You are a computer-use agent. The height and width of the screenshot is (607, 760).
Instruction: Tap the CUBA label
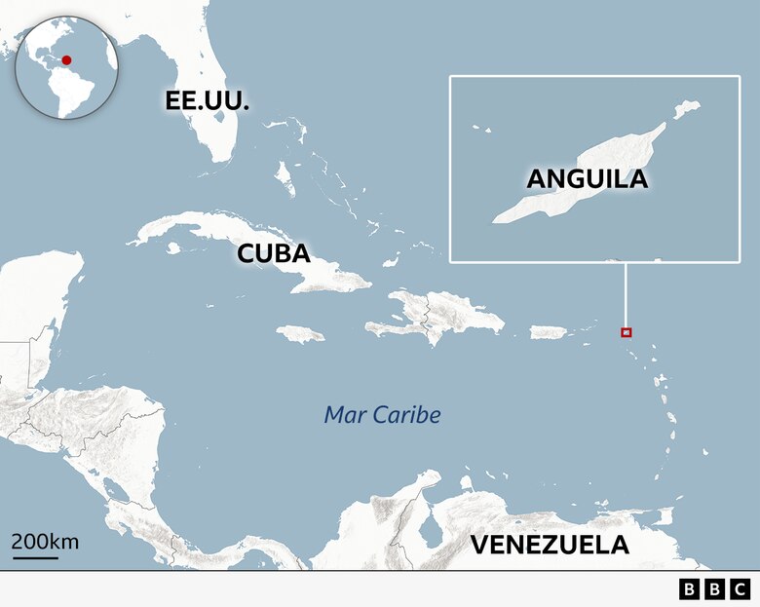[x=274, y=254]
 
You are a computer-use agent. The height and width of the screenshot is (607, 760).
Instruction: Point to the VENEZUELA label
[x=550, y=545]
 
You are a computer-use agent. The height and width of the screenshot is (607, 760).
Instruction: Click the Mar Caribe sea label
[x=382, y=415]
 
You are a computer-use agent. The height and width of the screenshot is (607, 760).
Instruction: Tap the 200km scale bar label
[x=45, y=542]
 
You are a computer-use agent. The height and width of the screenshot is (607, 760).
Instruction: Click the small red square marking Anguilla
[x=627, y=332]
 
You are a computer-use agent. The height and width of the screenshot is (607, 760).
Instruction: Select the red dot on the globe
[x=66, y=60]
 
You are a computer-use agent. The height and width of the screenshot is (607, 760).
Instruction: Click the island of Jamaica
[x=299, y=333]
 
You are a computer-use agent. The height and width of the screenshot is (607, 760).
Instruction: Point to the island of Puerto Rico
[x=549, y=332]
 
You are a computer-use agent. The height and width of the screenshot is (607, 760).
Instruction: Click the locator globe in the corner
[x=67, y=67]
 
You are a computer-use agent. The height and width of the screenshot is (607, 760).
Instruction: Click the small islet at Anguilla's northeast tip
[x=688, y=107]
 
